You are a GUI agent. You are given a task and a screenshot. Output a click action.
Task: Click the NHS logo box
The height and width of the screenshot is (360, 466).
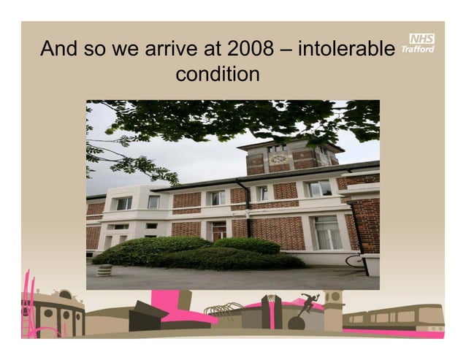(422, 39)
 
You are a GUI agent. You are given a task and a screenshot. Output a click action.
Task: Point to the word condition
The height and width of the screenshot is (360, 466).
(217, 74)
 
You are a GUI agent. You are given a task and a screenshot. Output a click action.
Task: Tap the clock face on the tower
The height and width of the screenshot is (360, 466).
(278, 158)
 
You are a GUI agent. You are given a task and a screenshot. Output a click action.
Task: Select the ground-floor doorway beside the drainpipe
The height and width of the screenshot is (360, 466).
(218, 230)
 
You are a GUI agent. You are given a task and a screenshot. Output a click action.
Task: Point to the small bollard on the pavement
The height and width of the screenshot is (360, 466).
(105, 269)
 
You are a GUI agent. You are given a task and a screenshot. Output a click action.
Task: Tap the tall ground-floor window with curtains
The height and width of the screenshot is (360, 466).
(326, 232)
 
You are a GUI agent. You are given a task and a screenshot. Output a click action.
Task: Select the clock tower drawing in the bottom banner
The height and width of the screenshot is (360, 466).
(333, 307)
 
